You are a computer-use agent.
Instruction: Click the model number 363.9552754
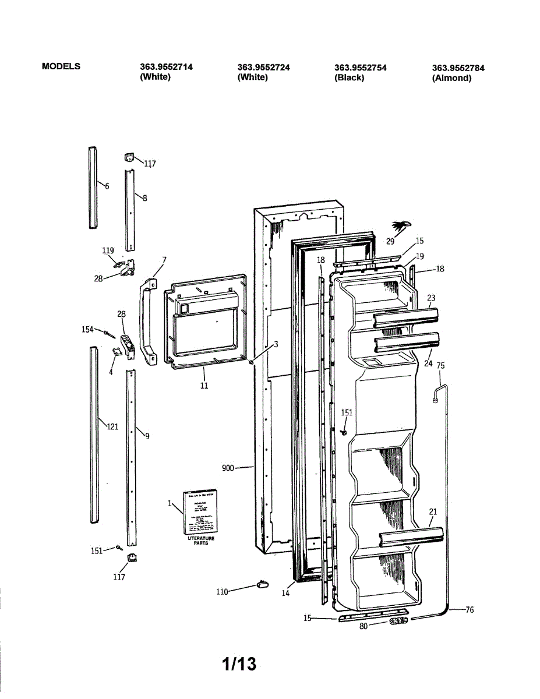click(361, 68)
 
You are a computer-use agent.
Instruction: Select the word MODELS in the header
click(61, 66)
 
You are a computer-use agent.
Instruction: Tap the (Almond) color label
click(451, 78)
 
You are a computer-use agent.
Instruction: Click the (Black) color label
click(349, 78)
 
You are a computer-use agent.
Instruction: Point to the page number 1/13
click(239, 663)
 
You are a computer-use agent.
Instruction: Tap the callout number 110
click(222, 592)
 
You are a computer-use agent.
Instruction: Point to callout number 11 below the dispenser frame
click(204, 385)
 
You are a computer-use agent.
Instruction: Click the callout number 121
click(112, 426)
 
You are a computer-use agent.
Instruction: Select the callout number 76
click(470, 610)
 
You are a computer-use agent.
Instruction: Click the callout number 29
click(390, 241)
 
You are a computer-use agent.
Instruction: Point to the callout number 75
click(440, 366)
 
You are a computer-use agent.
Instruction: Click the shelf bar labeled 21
click(411, 538)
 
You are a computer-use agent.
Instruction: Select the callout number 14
click(285, 594)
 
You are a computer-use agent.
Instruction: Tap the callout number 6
click(107, 186)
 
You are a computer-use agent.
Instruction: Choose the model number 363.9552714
click(166, 68)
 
